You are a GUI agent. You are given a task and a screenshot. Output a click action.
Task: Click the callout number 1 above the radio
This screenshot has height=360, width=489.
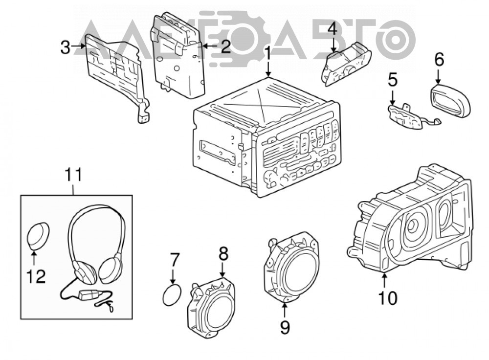tap(267, 54)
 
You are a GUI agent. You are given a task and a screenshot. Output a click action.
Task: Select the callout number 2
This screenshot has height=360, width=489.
tap(224, 46)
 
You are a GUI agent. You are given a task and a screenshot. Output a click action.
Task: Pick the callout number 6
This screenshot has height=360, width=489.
tap(439, 59)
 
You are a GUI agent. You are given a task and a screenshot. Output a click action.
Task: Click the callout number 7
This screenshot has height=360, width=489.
tap(175, 260)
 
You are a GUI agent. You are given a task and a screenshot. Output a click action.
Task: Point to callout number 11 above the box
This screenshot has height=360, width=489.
tap(74, 175)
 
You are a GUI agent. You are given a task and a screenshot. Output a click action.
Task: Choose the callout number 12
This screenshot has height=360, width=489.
tap(36, 276)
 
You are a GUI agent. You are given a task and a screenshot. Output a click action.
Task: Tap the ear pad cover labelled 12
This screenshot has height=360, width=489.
tap(38, 236)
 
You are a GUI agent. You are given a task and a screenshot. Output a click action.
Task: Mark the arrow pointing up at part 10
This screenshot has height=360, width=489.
tap(384, 280)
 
